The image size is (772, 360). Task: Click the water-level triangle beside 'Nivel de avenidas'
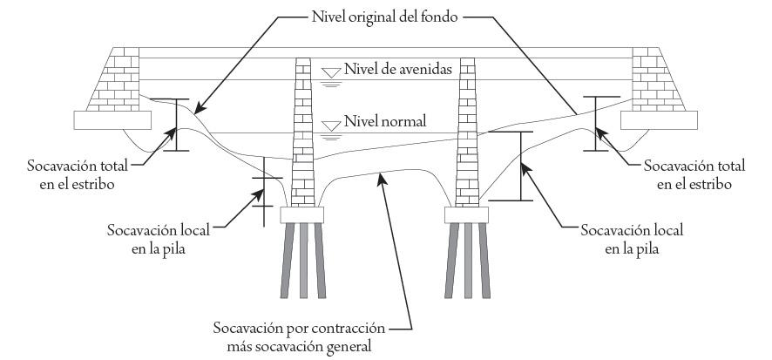click(x=329, y=71)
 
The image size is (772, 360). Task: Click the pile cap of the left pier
click(x=302, y=214)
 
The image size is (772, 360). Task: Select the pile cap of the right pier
click(x=469, y=214)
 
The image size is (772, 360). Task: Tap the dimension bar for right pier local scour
click(x=520, y=166)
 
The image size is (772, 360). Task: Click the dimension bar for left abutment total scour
click(x=176, y=126)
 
